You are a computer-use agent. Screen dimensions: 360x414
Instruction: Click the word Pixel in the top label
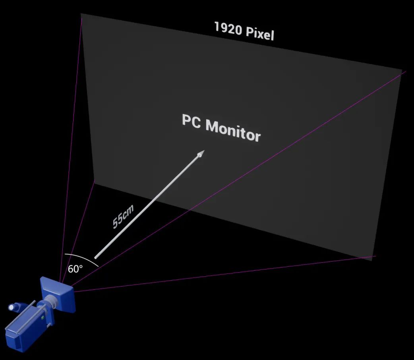coord(260,33)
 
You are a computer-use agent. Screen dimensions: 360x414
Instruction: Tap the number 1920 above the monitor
coord(228,28)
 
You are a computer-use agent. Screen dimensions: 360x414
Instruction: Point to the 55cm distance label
coord(122,216)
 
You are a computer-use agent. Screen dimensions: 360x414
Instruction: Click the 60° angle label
coord(75,269)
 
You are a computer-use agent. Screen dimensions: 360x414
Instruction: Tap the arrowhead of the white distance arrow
coord(201,153)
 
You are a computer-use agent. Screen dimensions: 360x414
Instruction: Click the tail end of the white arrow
coord(96,257)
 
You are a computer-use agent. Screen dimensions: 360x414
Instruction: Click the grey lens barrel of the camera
coord(50,302)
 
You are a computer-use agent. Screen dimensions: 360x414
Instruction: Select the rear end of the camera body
coord(14,337)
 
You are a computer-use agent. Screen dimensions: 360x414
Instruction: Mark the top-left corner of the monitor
coord(81,14)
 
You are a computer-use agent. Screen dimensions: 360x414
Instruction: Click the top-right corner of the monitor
coord(402,70)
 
